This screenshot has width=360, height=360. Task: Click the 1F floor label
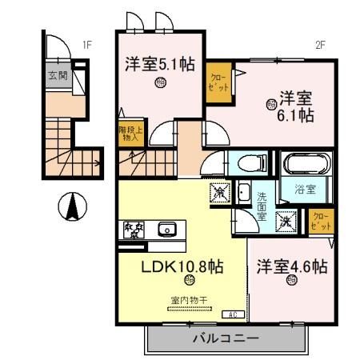pyautogui.click(x=87, y=46)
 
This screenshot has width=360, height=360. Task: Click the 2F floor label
pyautogui.click(x=320, y=46)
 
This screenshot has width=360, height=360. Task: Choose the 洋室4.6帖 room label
pyautogui.click(x=291, y=266)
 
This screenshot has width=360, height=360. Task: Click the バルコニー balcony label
pyautogui.click(x=225, y=338)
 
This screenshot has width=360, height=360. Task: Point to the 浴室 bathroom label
pyautogui.click(x=304, y=190)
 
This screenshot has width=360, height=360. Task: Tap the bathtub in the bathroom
pyautogui.click(x=303, y=164)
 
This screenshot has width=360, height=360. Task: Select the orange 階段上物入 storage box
pyautogui.click(x=128, y=133)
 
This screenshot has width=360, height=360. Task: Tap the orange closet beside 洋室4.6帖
pyautogui.click(x=319, y=221)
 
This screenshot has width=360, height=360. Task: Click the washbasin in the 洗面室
pyautogui.click(x=241, y=193)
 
